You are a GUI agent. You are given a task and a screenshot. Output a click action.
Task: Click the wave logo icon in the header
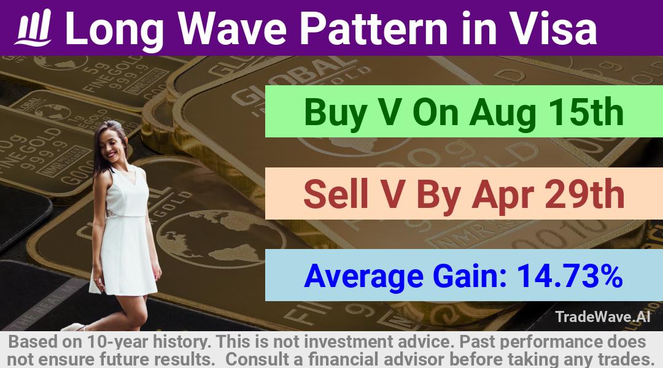[x=33, y=28]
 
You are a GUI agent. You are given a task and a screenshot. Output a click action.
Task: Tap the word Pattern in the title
[x=374, y=28]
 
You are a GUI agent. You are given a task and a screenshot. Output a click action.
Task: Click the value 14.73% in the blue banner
[x=570, y=276]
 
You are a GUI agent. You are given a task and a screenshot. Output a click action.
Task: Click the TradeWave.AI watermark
[x=603, y=316]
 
